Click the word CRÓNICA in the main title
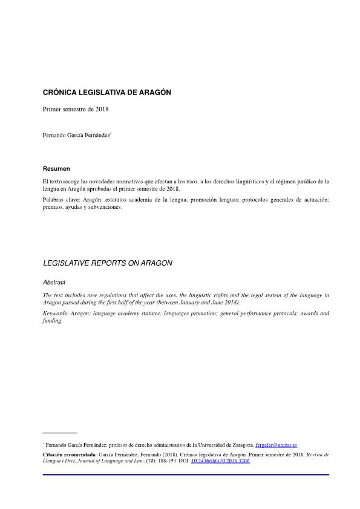tap(59, 93)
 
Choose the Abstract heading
tap(54, 282)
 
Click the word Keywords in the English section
tap(56, 314)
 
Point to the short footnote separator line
tap(60, 433)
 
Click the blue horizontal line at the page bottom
tap(186, 475)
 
